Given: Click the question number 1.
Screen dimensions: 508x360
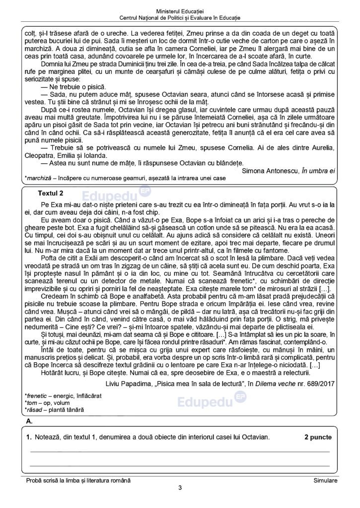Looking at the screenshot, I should point(29,437).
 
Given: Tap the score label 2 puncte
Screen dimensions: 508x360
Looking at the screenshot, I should point(318,437).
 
